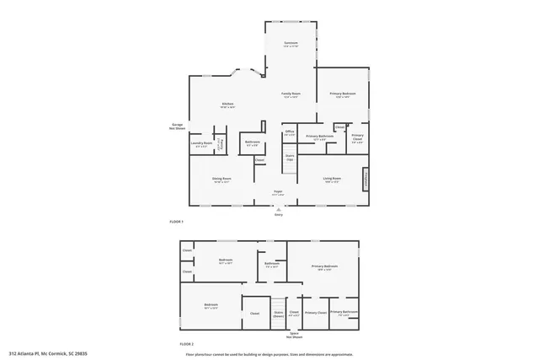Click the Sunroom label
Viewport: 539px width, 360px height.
click(x=291, y=43)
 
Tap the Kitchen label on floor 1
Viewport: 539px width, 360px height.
click(x=227, y=105)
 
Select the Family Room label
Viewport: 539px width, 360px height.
click(x=291, y=95)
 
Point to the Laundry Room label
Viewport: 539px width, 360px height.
click(x=202, y=145)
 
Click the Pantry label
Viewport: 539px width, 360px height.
click(x=221, y=144)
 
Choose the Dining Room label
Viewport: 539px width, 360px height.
click(x=222, y=180)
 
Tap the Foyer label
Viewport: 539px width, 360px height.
click(x=277, y=194)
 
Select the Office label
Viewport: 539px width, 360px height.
click(x=289, y=132)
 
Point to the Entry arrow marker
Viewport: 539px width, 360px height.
click(x=278, y=209)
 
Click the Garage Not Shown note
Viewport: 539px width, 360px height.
click(x=177, y=126)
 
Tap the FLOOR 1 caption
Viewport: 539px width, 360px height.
click(x=176, y=222)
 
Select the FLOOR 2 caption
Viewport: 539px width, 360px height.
click(x=186, y=344)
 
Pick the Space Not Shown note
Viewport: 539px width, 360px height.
click(x=295, y=335)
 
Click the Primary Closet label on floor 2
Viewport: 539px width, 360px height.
click(x=316, y=313)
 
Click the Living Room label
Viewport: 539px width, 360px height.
click(x=332, y=179)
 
